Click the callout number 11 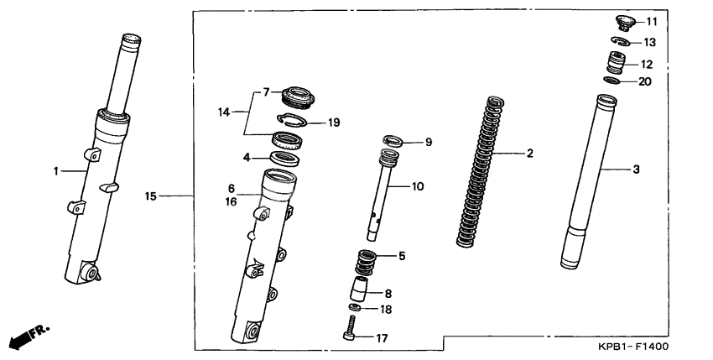click(x=652, y=21)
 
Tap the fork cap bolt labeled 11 click(x=625, y=23)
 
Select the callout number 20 click(x=645, y=81)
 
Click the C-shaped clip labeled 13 click(x=620, y=41)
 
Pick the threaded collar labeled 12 click(x=617, y=62)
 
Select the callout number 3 click(x=636, y=170)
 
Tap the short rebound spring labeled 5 click(x=367, y=263)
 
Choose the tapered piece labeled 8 click(x=358, y=289)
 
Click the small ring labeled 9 click(x=392, y=141)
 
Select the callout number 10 click(x=418, y=186)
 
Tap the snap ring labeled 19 click(x=293, y=120)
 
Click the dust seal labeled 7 click(x=298, y=97)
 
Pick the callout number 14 click(x=224, y=112)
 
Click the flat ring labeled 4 click(x=284, y=159)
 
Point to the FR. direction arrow click(x=29, y=336)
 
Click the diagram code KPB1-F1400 click(x=633, y=347)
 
